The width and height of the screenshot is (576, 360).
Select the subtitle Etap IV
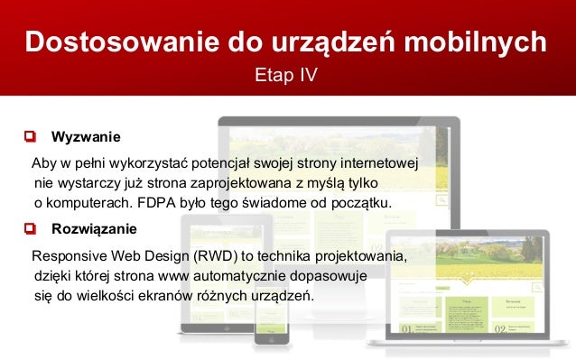[x=287, y=74]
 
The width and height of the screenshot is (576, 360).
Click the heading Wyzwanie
[x=86, y=137]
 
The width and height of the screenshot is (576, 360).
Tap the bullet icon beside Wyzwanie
[x=31, y=137]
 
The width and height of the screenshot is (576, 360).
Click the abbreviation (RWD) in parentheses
[x=207, y=257]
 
